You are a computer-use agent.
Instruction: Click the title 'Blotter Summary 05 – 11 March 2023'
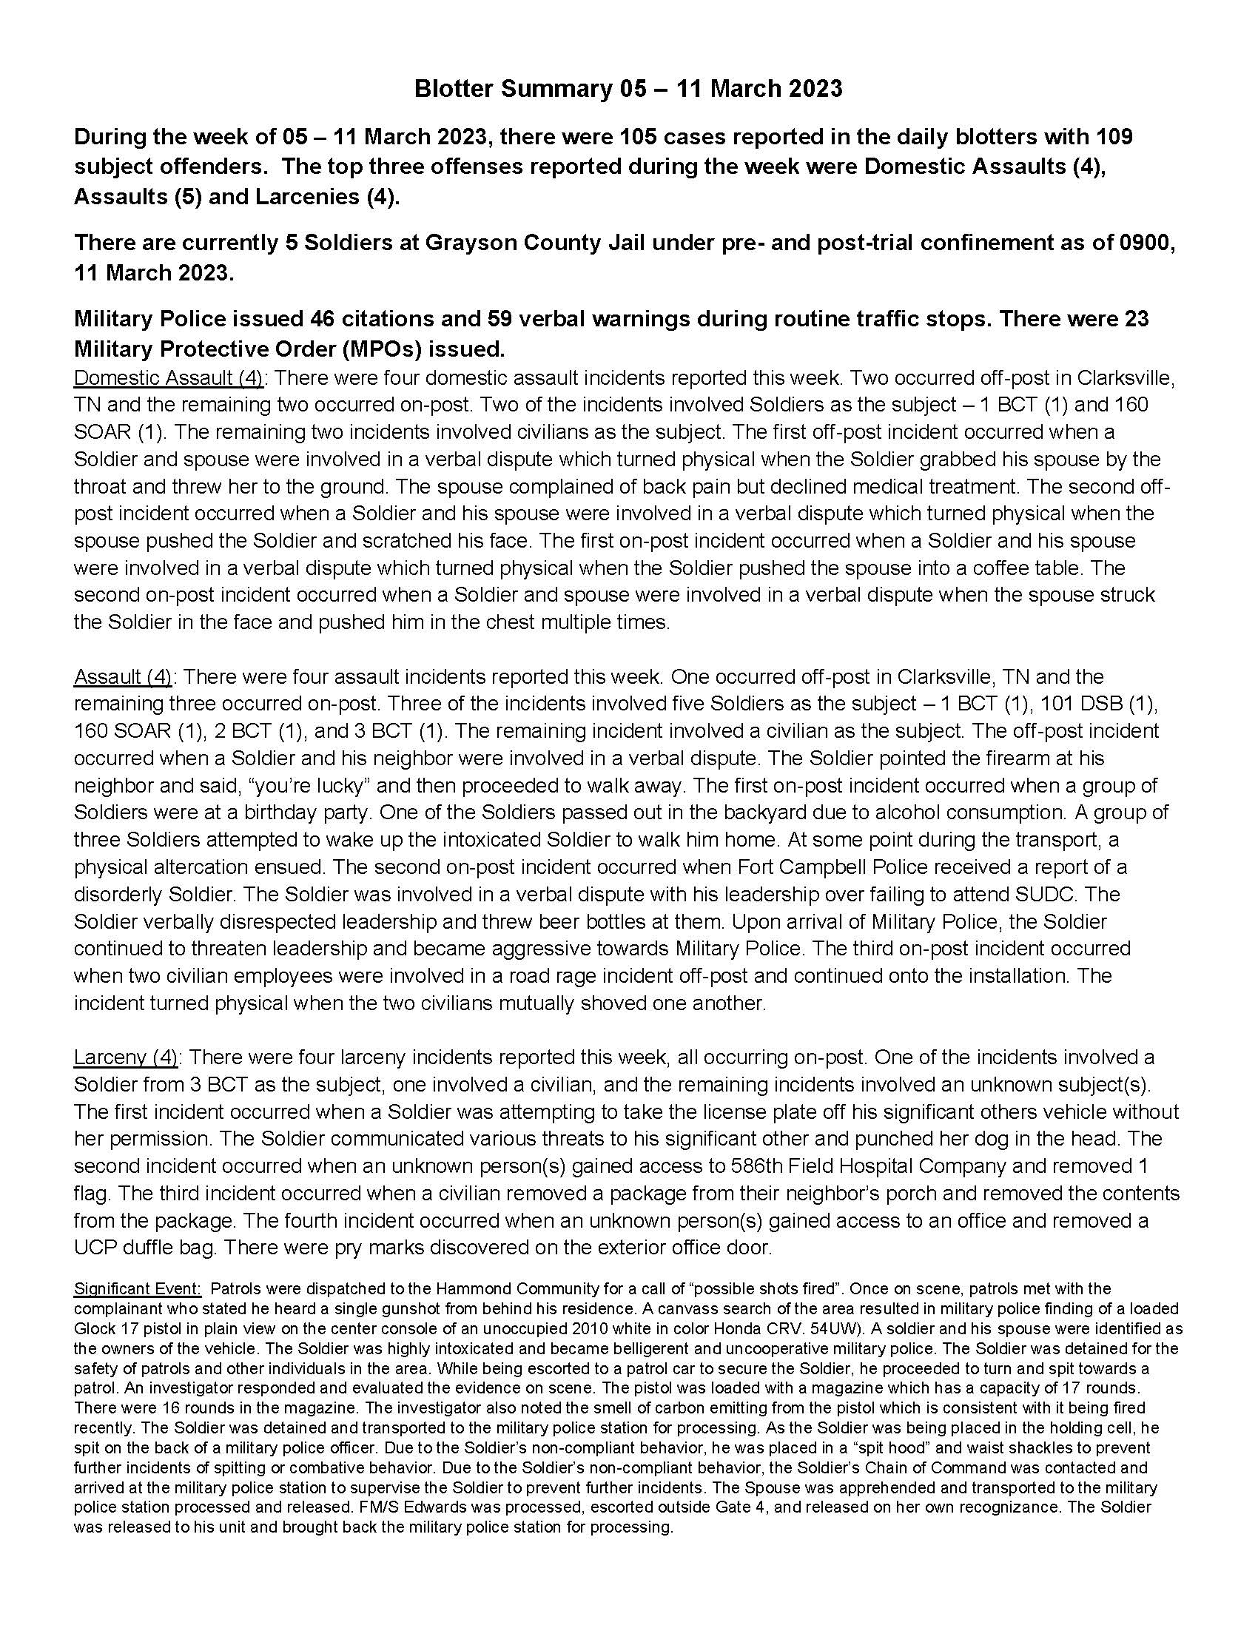[x=628, y=89]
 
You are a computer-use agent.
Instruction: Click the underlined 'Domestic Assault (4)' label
[x=169, y=378]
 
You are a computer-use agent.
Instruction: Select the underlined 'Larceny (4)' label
[x=125, y=1057]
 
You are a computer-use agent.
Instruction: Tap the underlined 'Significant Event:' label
[x=137, y=1289]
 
